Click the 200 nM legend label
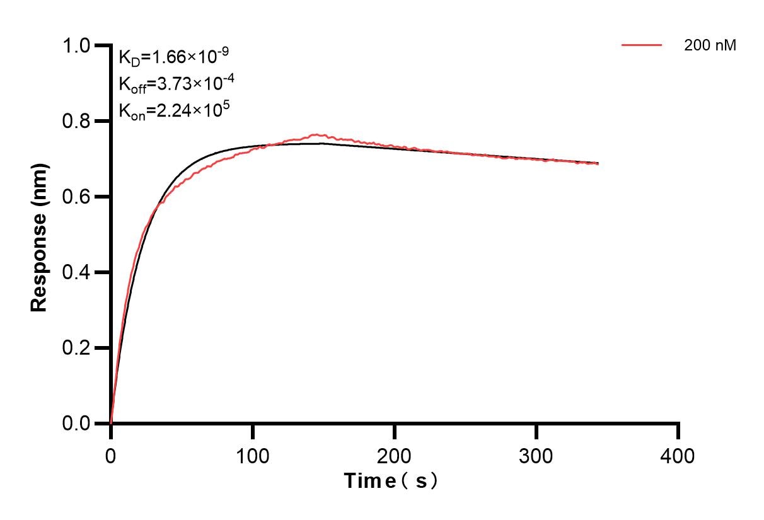[x=710, y=45]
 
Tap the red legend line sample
[x=642, y=45]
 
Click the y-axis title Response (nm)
[x=39, y=234]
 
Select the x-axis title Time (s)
[x=391, y=481]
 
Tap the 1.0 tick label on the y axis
[x=77, y=45]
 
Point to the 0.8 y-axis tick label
[x=77, y=121]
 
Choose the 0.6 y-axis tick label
[x=77, y=197]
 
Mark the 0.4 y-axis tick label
[x=77, y=272]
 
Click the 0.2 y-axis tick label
[x=77, y=348]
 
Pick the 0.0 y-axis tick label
[x=77, y=424]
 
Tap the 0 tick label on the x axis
[x=111, y=455]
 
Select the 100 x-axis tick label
[x=253, y=455]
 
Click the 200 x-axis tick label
[x=395, y=455]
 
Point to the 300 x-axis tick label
[x=536, y=455]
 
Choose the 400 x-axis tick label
[x=678, y=455]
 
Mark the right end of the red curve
[x=598, y=164]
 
